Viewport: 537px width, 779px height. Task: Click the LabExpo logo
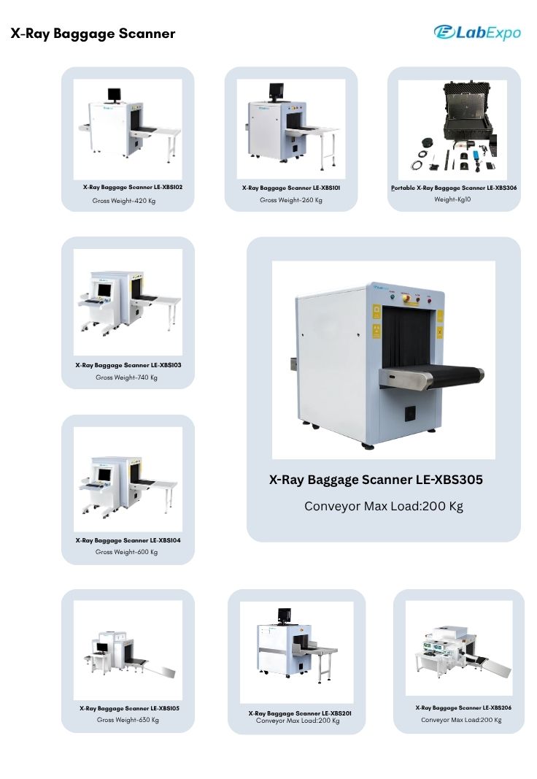[477, 33]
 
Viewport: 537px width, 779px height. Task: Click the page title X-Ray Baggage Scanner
[93, 34]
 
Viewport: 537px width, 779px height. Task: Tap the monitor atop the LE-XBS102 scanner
[114, 94]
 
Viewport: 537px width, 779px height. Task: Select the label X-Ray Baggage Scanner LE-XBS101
[291, 188]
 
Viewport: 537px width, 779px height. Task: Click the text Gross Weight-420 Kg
[123, 201]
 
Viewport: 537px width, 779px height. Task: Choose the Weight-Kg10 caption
[452, 199]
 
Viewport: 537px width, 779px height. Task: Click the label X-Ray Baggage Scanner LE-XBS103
[128, 365]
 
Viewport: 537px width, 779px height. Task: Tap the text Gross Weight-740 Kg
[126, 377]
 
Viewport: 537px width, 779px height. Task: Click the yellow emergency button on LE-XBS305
[406, 298]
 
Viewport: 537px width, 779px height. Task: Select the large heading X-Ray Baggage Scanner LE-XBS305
[376, 480]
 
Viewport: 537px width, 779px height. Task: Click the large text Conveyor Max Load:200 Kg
[384, 506]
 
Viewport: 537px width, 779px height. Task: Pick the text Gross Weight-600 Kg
[126, 552]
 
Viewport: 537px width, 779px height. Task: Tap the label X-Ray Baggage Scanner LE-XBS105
[130, 708]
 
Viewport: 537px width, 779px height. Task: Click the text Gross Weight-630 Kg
[128, 720]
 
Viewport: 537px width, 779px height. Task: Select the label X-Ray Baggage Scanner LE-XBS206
[463, 708]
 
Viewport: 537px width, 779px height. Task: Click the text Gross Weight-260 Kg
[291, 200]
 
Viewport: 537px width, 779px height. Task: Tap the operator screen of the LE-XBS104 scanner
[104, 475]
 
